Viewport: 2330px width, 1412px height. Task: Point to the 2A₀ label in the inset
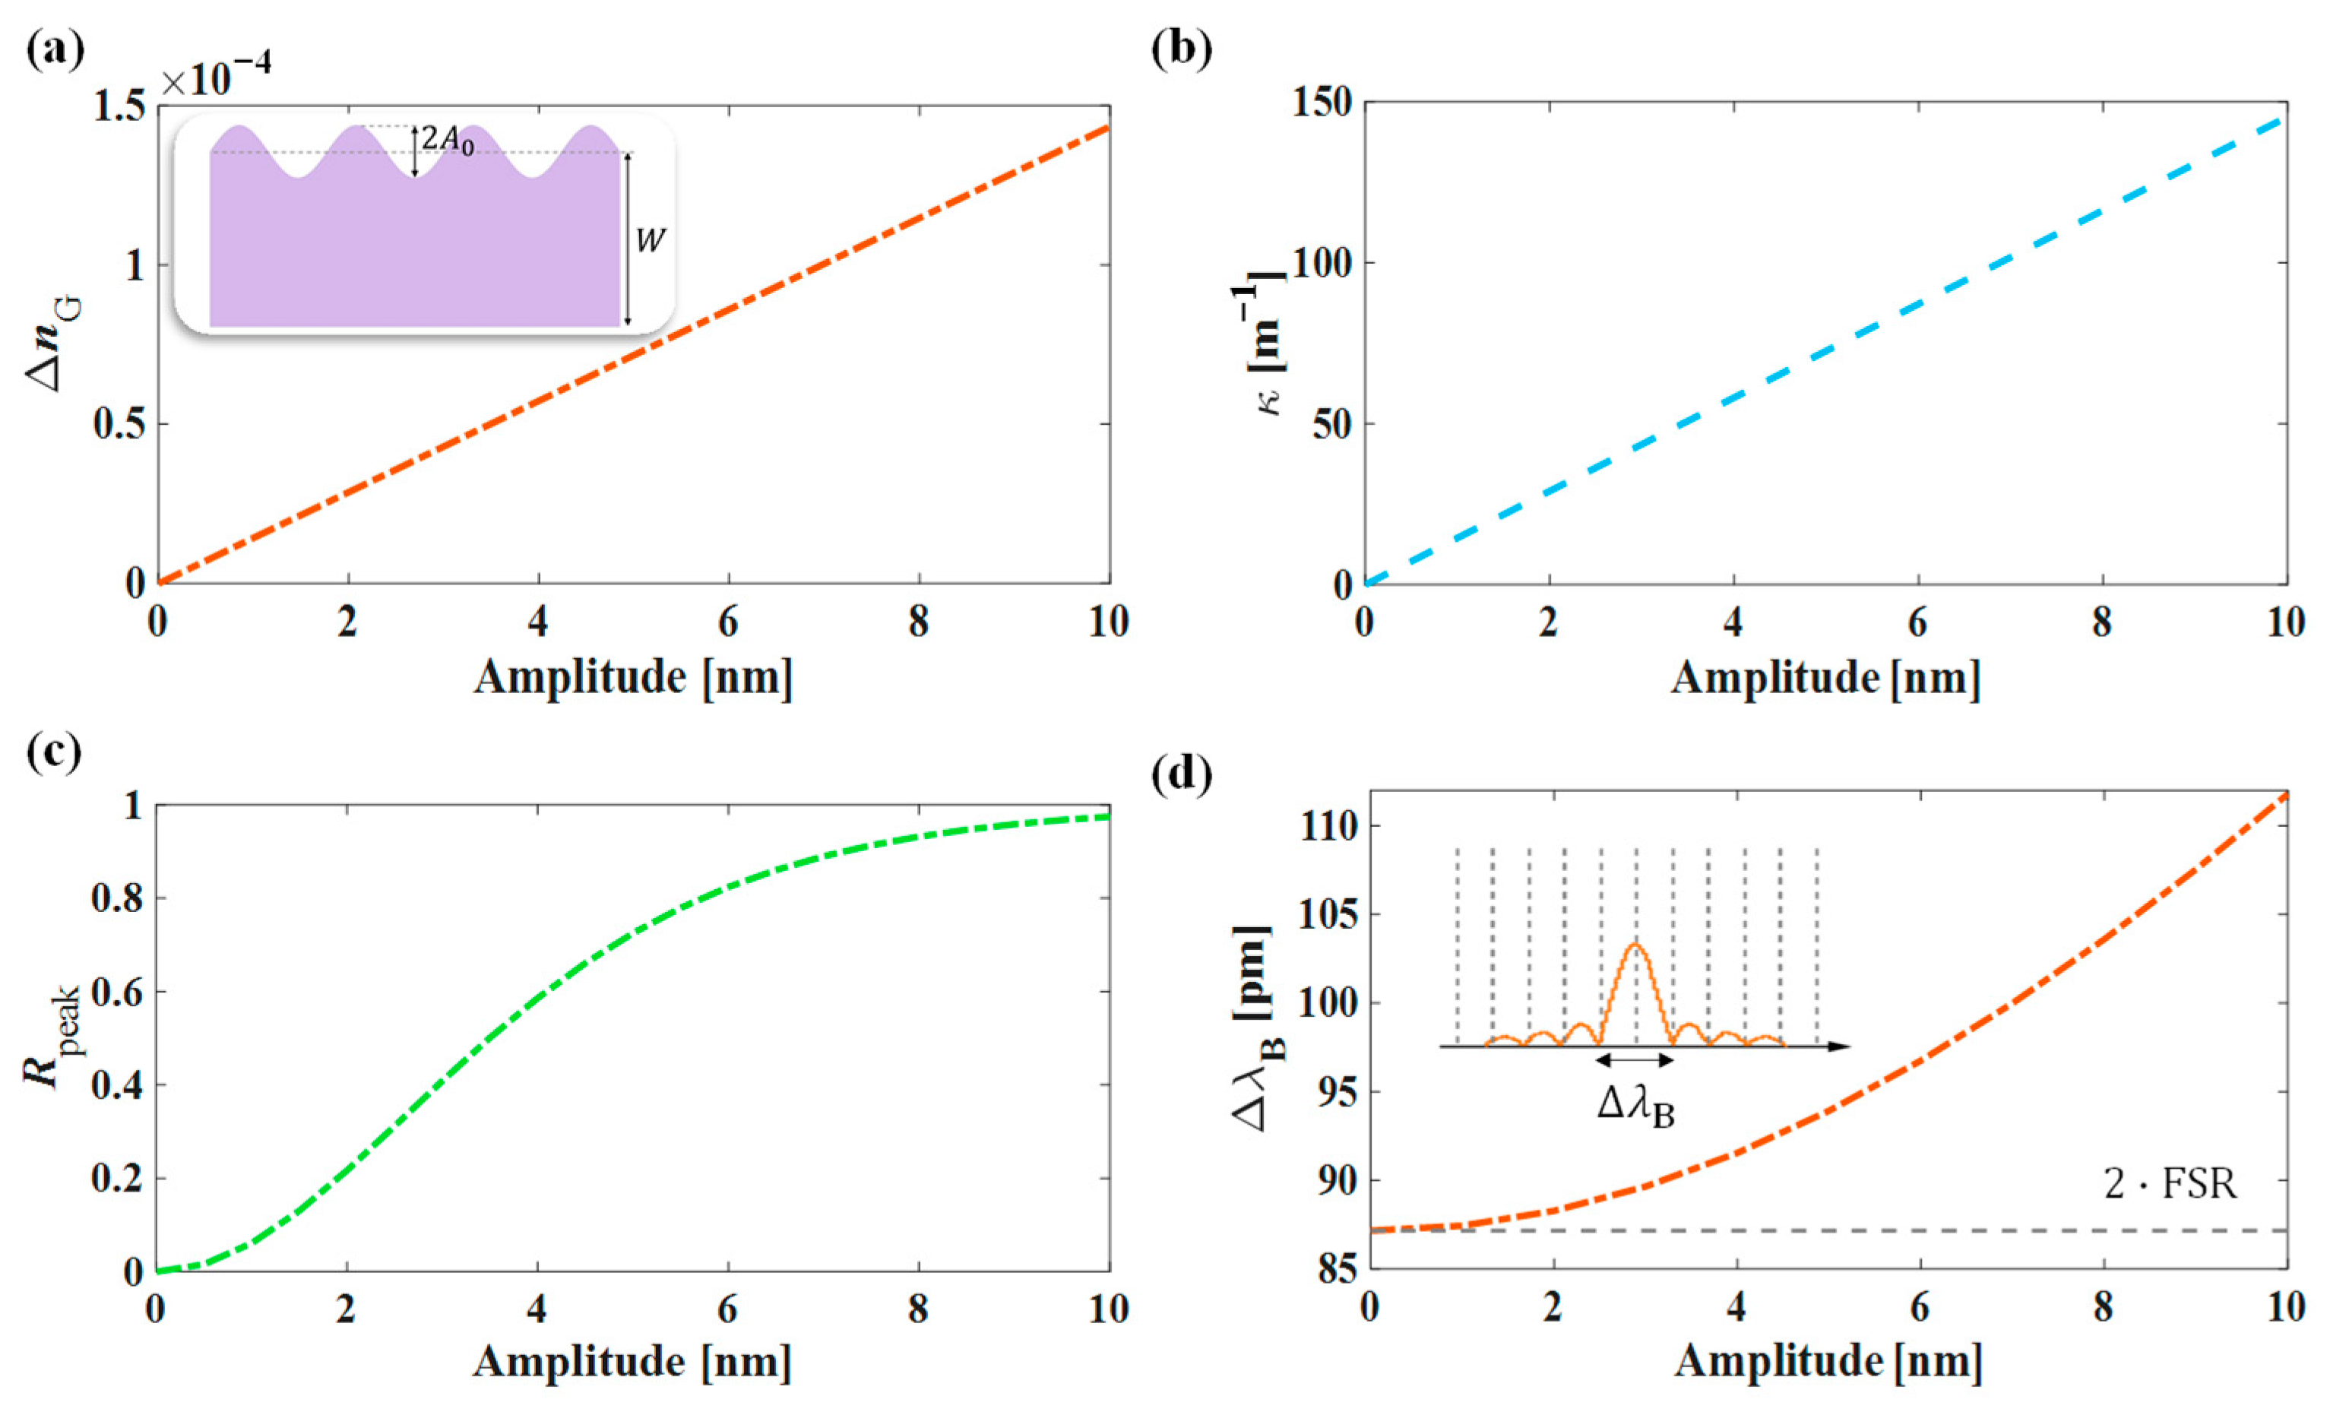click(446, 141)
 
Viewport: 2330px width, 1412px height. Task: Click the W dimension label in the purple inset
click(651, 240)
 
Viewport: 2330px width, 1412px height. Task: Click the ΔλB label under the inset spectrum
click(1636, 1107)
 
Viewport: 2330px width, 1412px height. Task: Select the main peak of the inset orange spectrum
click(1636, 945)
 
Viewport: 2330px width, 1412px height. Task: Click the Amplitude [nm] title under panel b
click(1825, 678)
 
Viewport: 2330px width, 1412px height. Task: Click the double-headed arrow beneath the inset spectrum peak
click(1636, 1060)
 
